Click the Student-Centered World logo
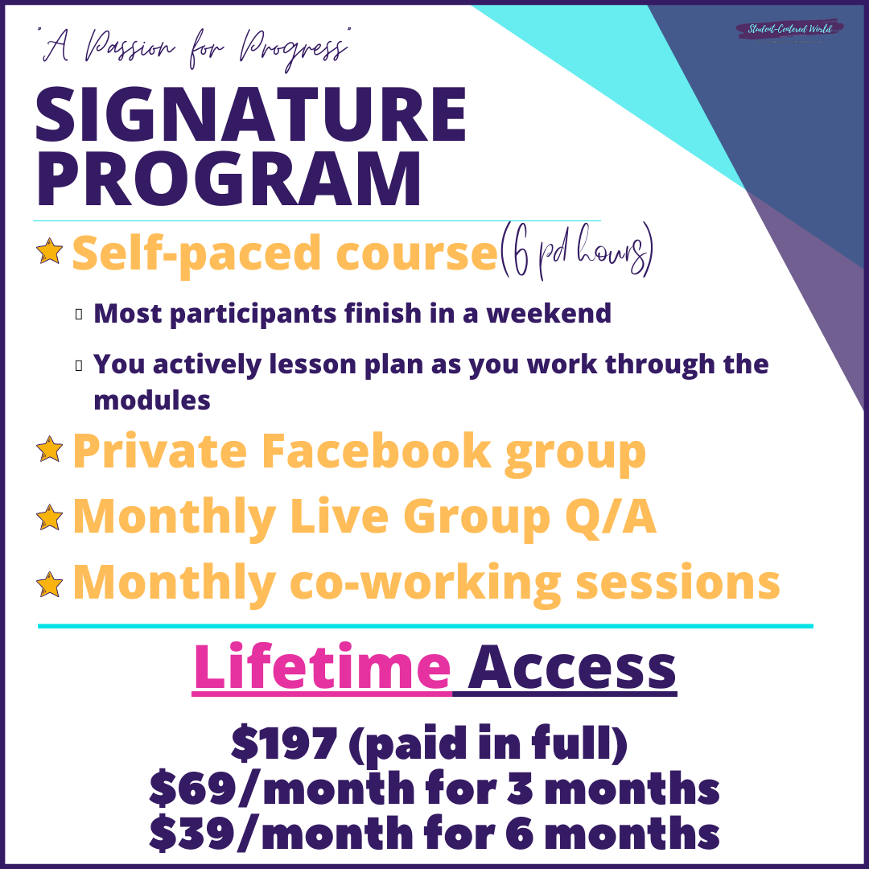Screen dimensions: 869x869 click(789, 29)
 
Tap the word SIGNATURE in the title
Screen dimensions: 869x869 click(251, 115)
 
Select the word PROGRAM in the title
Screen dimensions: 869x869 click(229, 179)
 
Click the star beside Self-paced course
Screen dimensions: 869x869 click(49, 251)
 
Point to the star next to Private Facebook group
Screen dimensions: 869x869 click(49, 448)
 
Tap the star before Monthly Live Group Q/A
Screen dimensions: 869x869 click(49, 517)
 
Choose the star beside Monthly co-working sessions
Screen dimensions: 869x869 click(49, 584)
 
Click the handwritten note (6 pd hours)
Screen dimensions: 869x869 click(576, 250)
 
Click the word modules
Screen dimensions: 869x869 click(152, 400)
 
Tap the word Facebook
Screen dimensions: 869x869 click(376, 451)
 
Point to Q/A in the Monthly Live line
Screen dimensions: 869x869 click(610, 517)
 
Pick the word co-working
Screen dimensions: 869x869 click(425, 583)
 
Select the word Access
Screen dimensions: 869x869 click(572, 668)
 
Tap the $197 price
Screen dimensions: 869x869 click(284, 743)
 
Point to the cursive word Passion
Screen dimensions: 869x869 click(131, 47)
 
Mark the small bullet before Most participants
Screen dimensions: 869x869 click(79, 314)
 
